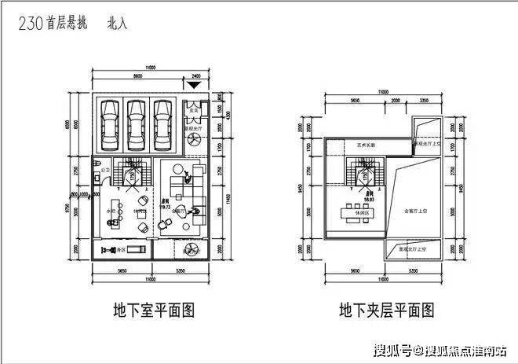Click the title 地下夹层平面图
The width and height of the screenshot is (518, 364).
(x=385, y=309)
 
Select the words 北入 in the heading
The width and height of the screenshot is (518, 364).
(x=116, y=24)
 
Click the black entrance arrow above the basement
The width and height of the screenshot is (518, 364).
(x=194, y=84)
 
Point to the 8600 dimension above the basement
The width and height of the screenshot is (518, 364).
(x=139, y=76)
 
